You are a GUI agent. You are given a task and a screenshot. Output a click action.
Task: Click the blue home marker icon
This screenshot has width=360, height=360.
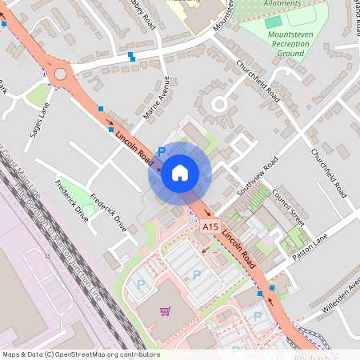click(179, 173)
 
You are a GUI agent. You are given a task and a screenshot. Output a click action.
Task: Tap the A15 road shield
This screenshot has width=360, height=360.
click(210, 228)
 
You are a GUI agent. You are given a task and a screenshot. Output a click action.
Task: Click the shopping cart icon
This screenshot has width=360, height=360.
click(165, 311)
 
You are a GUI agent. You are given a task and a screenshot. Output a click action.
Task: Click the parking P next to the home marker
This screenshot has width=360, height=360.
click(161, 150)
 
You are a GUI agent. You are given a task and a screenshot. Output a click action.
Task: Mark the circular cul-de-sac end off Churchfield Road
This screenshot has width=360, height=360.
click(218, 104)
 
